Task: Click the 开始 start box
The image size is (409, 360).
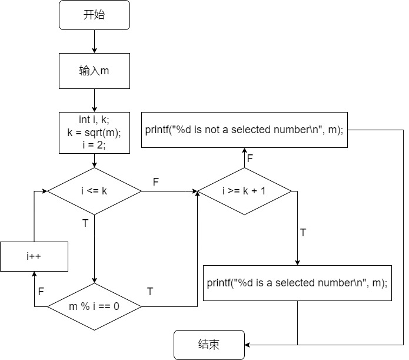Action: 94,15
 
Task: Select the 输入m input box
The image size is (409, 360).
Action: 94,71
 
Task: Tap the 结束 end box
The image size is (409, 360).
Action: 209,345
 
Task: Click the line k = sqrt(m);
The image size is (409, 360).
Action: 94,133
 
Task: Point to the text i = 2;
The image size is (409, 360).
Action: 94,144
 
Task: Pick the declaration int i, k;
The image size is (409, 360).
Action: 94,121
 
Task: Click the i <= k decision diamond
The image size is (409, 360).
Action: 94,191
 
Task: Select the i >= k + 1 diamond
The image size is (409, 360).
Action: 244,191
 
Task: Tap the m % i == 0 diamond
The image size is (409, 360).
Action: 94,306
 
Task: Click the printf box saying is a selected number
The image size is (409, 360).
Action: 297,283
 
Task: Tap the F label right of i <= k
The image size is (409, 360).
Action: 156,182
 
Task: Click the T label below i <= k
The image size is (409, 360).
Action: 85,223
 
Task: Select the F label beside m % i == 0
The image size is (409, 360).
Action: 41,291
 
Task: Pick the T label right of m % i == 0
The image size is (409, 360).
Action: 150,291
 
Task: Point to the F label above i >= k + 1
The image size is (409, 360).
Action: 250,158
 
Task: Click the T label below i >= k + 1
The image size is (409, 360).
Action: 303,232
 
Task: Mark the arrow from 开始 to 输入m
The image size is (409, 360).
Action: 94,41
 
